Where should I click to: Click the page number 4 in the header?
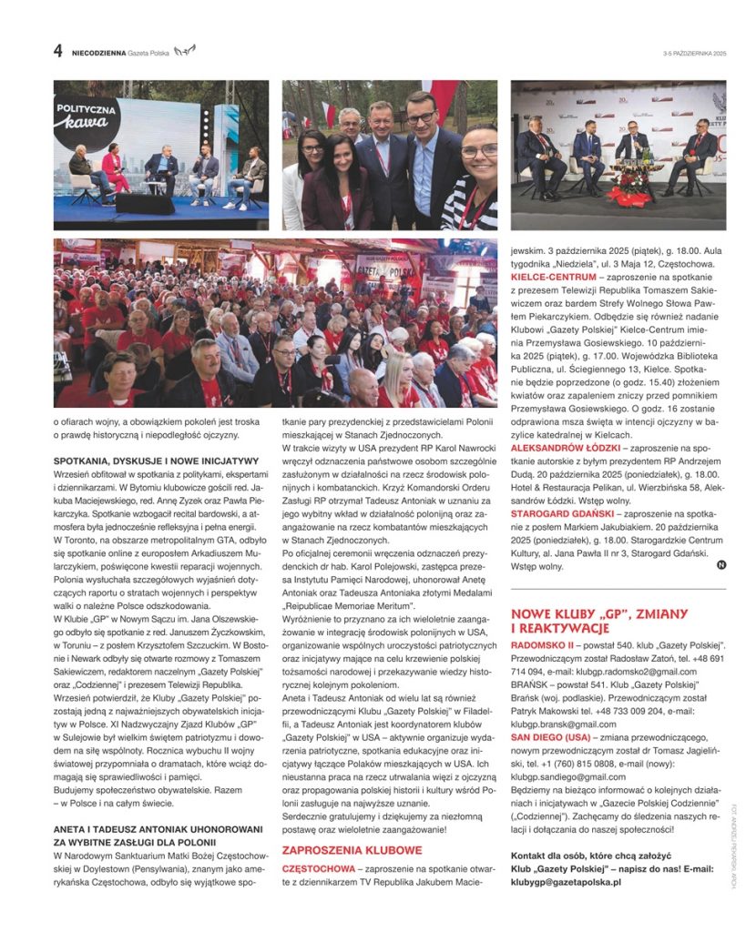tap(58, 52)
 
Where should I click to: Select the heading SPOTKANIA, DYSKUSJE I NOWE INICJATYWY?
tap(157, 461)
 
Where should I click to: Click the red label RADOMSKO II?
tap(542, 644)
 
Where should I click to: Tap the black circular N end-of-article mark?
tap(721, 565)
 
